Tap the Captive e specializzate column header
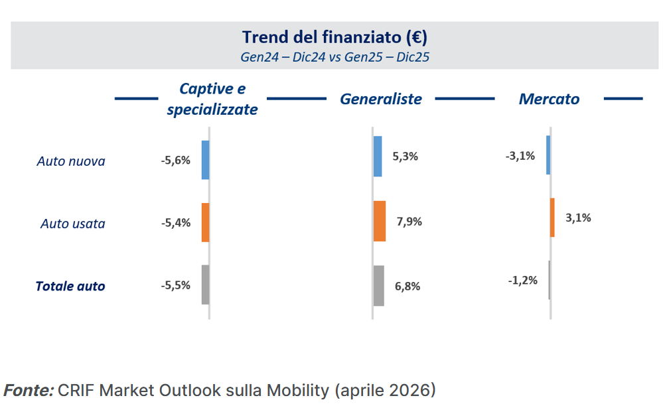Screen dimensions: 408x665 [212, 100]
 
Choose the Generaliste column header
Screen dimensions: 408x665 [381, 99]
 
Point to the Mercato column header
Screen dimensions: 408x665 [549, 99]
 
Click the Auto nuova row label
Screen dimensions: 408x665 [71, 161]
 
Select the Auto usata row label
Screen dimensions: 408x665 [73, 224]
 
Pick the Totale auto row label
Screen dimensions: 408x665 [70, 286]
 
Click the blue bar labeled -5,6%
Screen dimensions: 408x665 [205, 160]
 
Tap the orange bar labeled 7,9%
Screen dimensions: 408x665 [380, 221]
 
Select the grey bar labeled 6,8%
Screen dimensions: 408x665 [379, 285]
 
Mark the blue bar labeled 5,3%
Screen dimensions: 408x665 [378, 157]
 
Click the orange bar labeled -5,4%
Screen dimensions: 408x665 [205, 222]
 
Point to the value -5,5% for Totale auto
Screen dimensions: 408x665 [176, 285]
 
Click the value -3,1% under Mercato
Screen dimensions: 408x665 [520, 157]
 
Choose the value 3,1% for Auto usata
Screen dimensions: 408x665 [578, 217]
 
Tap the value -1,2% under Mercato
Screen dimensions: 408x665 [523, 280]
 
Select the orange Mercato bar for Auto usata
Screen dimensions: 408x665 [552, 217]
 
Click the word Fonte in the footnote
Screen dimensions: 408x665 [29, 390]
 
